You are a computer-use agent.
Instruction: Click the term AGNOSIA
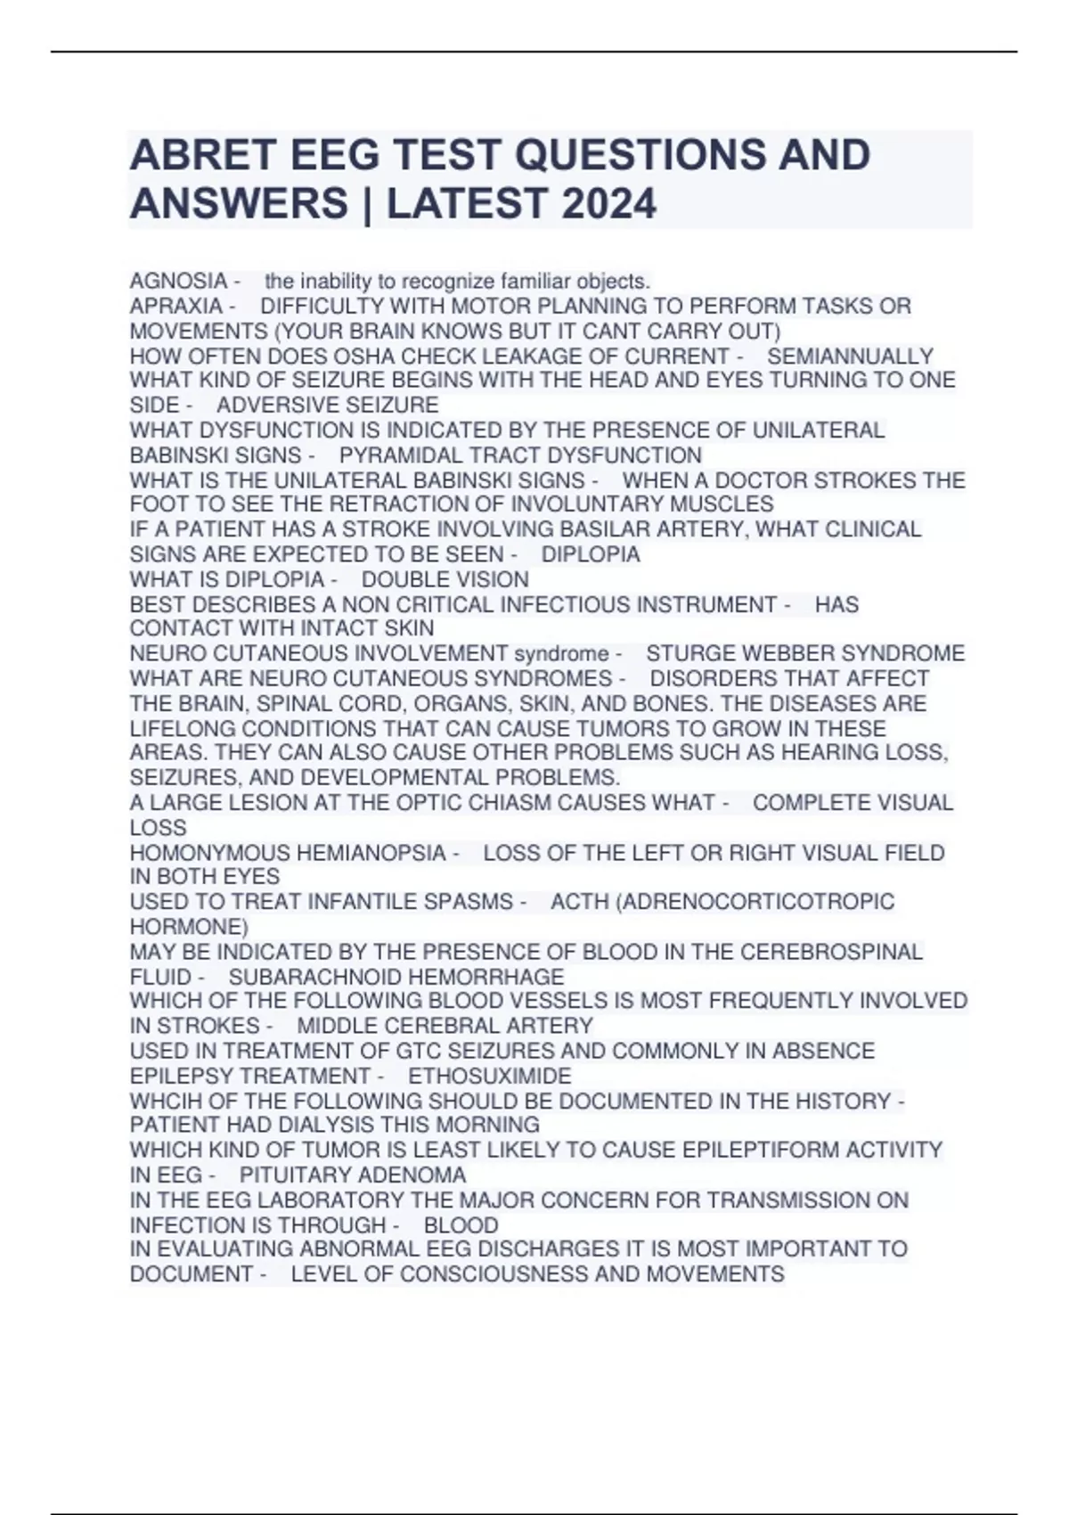coord(178,281)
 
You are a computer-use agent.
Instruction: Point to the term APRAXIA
coord(176,306)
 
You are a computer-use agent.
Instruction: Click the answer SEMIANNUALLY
coord(850,356)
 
